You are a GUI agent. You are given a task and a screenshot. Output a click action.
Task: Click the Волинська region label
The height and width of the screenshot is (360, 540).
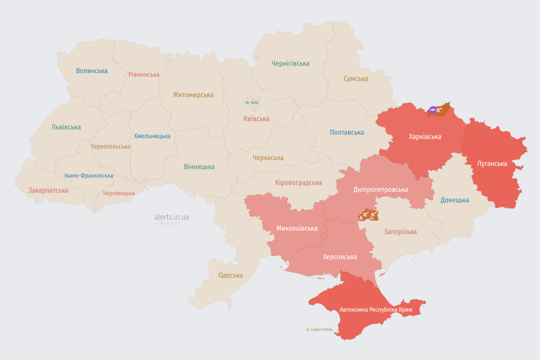click(x=92, y=71)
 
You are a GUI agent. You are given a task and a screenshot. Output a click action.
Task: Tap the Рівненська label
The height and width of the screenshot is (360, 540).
click(x=144, y=75)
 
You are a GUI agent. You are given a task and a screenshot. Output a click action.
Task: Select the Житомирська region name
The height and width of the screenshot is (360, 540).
click(x=193, y=95)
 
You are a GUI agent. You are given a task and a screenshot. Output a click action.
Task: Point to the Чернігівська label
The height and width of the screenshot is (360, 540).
click(x=290, y=63)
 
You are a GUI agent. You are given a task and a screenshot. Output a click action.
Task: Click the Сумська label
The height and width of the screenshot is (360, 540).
click(x=356, y=79)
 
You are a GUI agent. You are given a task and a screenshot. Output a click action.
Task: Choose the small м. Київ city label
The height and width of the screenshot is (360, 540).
click(x=252, y=102)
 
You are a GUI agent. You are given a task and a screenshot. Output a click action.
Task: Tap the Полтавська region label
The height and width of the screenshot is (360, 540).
click(x=347, y=132)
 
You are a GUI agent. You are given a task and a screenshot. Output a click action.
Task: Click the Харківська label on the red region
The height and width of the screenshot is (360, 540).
click(x=425, y=137)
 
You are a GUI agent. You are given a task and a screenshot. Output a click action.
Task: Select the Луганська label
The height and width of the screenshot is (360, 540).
click(x=492, y=164)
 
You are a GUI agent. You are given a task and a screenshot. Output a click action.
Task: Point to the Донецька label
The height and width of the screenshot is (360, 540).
click(x=455, y=200)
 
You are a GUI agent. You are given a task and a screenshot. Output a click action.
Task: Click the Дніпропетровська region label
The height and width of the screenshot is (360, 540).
click(x=381, y=189)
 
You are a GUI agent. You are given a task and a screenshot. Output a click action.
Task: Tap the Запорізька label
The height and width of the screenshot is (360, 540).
click(x=400, y=232)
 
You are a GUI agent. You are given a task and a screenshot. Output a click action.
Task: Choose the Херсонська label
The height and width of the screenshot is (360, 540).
click(x=340, y=257)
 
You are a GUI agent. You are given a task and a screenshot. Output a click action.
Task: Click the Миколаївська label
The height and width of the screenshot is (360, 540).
click(x=297, y=228)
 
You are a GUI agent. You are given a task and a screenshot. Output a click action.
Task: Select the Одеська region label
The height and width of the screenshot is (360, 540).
click(x=231, y=275)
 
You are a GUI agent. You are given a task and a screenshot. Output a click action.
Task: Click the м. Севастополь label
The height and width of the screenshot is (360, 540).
click(x=319, y=329)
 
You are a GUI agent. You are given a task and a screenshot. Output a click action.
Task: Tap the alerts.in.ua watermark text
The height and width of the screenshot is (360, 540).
click(x=172, y=217)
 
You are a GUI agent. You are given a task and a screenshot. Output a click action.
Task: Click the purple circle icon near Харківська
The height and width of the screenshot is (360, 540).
click(x=433, y=110)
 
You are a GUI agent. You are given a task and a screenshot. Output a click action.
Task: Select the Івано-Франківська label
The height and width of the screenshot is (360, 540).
click(x=89, y=176)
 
